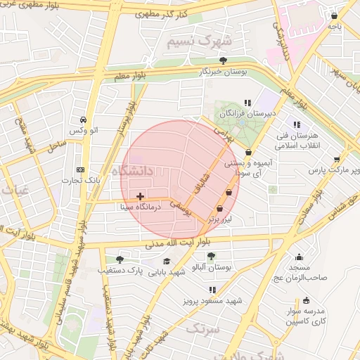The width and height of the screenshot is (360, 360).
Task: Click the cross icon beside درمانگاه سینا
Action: point(141,196)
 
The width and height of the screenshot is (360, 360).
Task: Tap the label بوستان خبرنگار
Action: point(224,72)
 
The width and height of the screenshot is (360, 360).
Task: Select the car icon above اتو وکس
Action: point(84,120)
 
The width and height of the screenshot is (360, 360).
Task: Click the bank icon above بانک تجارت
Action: point(81,169)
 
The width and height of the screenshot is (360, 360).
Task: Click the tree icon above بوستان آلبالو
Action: point(212,256)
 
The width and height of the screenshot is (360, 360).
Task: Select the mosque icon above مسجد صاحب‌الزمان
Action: point(300,257)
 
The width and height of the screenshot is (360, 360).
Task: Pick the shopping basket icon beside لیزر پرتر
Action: point(220,208)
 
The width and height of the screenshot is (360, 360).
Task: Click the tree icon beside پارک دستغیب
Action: point(118,260)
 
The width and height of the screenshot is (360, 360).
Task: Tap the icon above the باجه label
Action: point(335,15)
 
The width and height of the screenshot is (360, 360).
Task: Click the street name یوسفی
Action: point(182,205)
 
